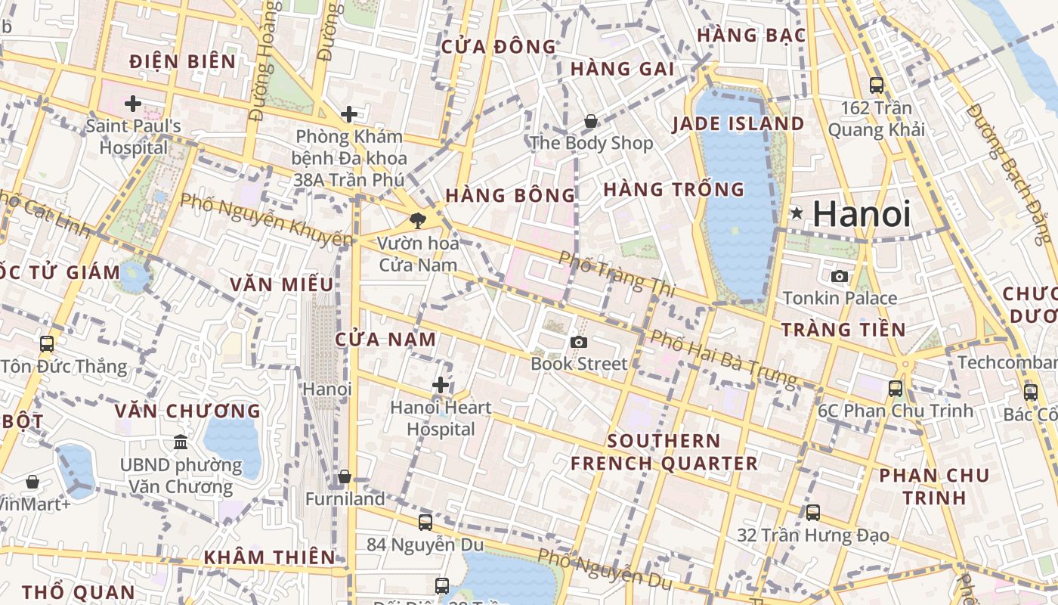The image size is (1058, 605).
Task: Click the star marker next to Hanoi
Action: coord(796,214)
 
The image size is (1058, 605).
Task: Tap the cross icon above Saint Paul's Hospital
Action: coord(133,104)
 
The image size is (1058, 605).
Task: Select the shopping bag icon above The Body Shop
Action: coord(591,121)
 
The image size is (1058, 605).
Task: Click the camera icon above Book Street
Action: coord(579,343)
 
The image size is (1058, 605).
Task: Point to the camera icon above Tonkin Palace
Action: coord(840,277)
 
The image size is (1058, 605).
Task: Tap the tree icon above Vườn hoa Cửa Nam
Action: coord(417,221)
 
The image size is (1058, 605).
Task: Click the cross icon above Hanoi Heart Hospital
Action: coord(441,386)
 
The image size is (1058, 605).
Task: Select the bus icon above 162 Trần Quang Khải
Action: coord(877,85)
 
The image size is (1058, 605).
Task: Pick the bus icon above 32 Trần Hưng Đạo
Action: coord(813,513)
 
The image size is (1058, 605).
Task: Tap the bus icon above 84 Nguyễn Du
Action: coord(425,523)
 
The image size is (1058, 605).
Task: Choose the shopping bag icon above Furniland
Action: coord(345,477)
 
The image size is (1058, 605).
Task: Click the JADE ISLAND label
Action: coord(738,123)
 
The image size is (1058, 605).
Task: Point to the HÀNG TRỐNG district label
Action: coord(673,189)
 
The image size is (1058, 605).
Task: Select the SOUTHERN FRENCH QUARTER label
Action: coord(664,452)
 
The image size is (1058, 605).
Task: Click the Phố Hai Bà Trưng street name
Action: coord(723,358)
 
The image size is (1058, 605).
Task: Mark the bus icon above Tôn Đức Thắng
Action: coord(47,344)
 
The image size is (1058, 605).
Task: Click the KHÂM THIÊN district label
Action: coord(269,557)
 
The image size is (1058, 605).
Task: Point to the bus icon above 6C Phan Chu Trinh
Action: coord(896,389)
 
